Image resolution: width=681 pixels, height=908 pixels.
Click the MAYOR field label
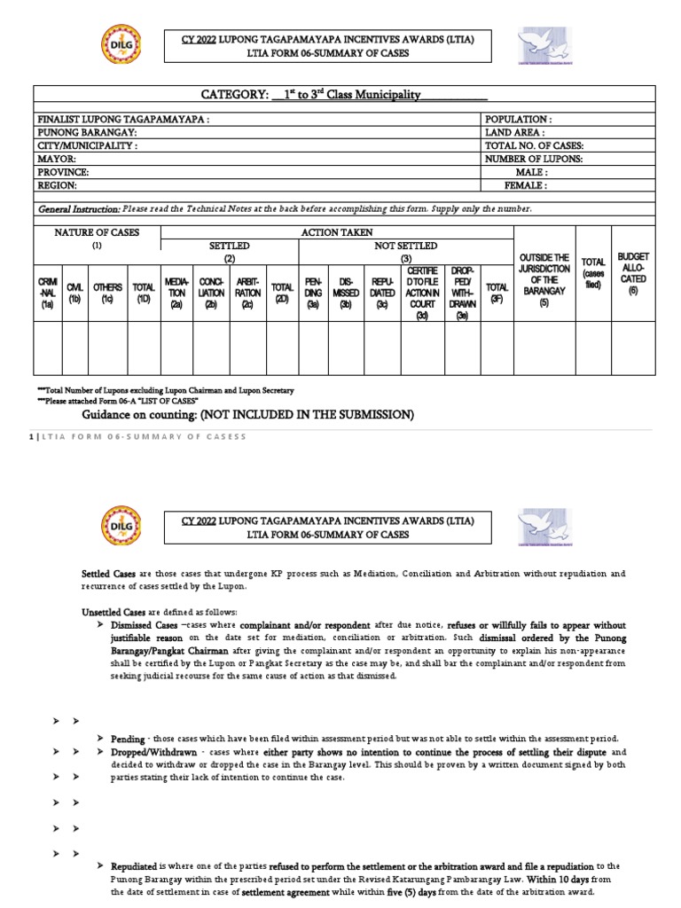57,159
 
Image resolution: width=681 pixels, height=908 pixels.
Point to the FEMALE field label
526,186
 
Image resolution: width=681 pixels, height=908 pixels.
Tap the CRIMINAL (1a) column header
47,292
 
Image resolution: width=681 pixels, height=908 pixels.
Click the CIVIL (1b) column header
74,292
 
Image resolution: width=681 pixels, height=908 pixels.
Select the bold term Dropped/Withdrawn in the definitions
148,751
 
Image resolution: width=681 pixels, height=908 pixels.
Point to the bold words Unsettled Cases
112,611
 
